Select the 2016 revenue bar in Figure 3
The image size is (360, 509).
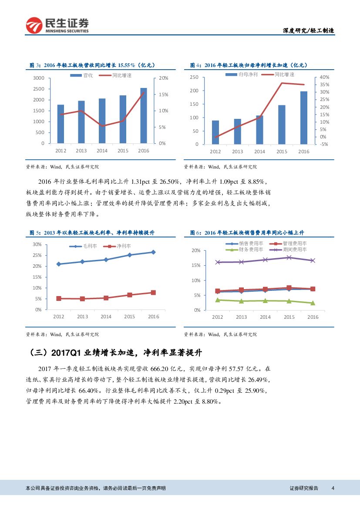pos(143,115)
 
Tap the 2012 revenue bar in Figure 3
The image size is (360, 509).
pos(61,124)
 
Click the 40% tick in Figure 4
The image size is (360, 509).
pos(324,77)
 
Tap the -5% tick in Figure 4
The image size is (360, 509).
pos(323,144)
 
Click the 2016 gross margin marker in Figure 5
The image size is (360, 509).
pos(153,252)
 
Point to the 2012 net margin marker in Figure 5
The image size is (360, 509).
pos(58,298)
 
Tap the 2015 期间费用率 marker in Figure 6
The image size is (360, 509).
pos(289,257)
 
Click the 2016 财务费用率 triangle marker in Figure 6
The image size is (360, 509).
pos(313,303)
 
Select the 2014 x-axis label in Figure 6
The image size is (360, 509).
pos(265,317)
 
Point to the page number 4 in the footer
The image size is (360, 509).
pos(333,488)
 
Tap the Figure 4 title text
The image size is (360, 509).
pos(249,65)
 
